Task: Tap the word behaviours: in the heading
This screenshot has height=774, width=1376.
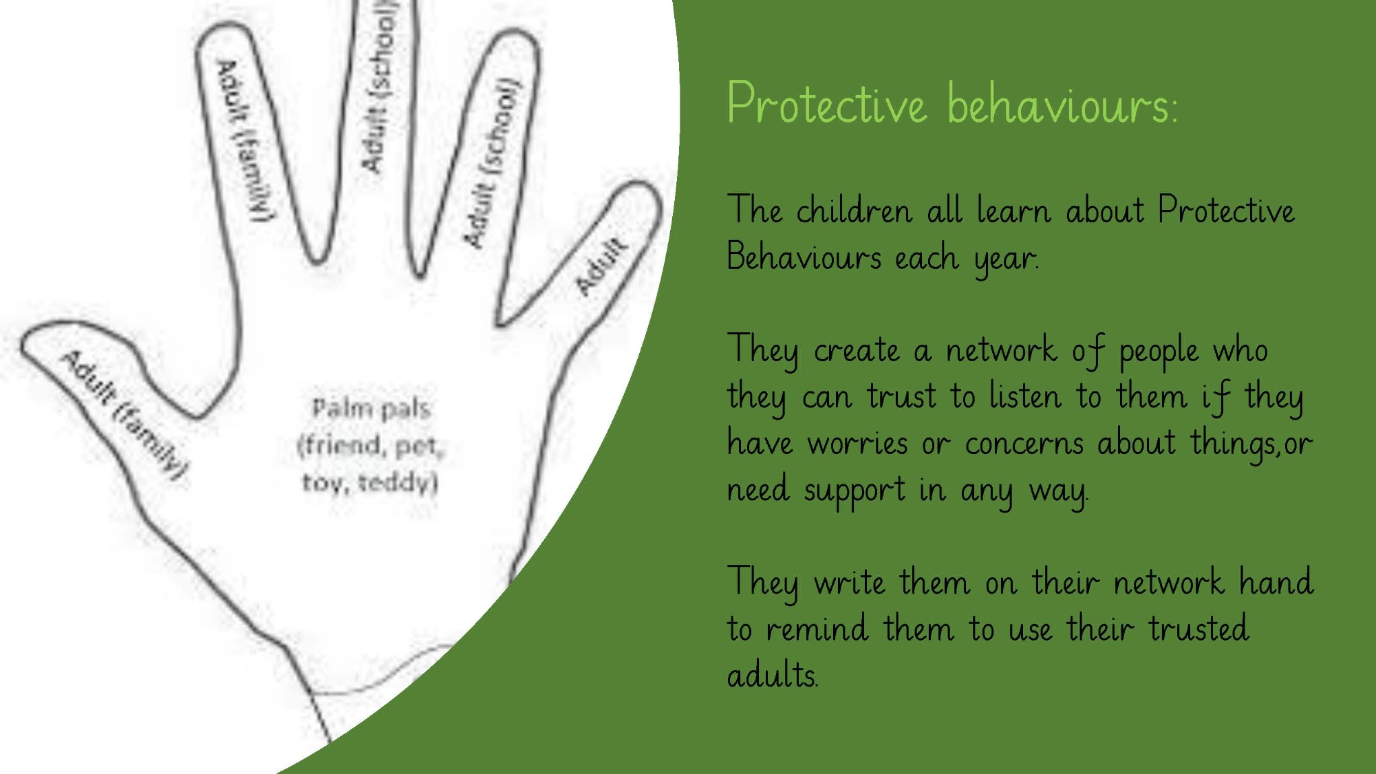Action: click(1062, 105)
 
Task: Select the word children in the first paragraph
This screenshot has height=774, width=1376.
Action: click(854, 210)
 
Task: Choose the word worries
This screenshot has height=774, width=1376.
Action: click(857, 444)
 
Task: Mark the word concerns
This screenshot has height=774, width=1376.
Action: click(1024, 444)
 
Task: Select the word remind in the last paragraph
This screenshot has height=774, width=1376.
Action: click(817, 629)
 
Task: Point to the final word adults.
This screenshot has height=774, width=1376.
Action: click(773, 674)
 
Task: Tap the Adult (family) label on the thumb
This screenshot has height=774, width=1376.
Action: click(124, 417)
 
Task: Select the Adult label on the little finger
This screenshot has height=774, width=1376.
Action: click(601, 266)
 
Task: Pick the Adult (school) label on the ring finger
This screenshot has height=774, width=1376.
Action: click(493, 163)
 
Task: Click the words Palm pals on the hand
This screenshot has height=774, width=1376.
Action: click(372, 409)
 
